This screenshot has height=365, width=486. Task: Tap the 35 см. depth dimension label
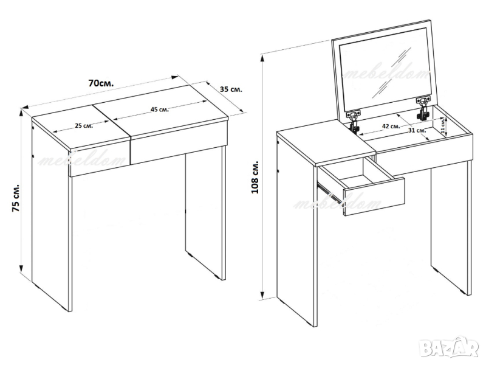coord(231,89)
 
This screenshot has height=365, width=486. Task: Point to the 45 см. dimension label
coord(160,109)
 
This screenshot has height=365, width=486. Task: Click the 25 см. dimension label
coord(84,126)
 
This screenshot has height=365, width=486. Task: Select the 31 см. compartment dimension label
coord(417,130)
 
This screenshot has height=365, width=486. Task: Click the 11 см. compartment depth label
coord(443,125)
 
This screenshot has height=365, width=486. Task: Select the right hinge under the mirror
coord(422,108)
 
